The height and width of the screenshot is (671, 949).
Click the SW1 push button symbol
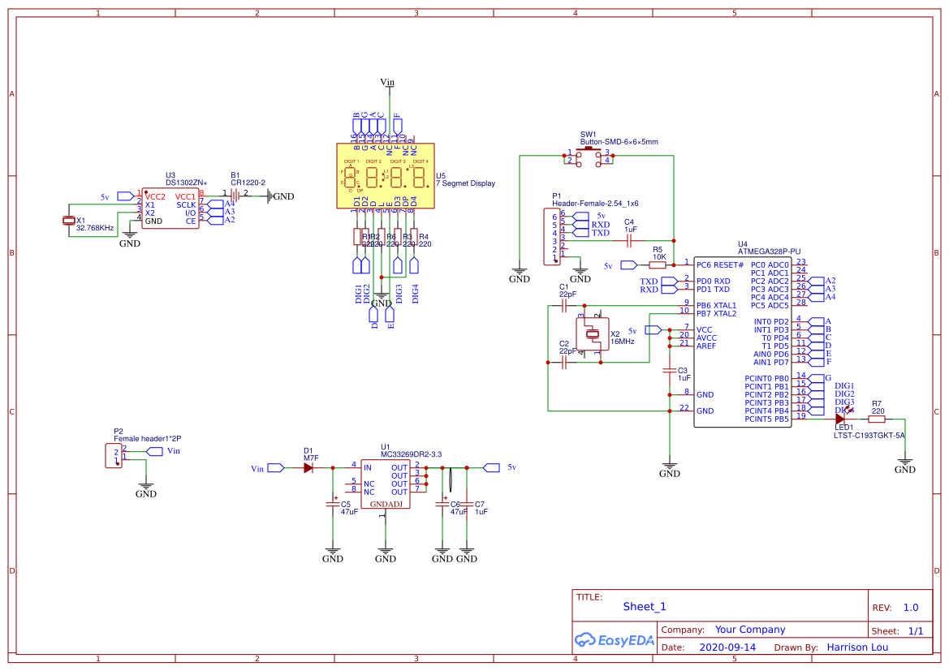[x=589, y=156]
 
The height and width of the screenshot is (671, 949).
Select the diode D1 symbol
[x=308, y=468]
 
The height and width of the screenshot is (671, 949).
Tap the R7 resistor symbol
[x=877, y=419]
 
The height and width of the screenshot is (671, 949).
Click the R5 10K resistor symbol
[x=658, y=265]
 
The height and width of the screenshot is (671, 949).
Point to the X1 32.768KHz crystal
[x=69, y=221]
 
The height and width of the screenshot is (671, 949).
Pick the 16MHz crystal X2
[x=592, y=333]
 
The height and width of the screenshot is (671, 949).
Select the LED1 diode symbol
[x=840, y=419]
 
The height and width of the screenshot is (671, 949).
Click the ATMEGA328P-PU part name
[x=769, y=252]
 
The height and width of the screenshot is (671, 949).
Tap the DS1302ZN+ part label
[x=186, y=183]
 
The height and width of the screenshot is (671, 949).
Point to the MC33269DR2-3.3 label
[x=411, y=454]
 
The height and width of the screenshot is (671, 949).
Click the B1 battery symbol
[x=235, y=195]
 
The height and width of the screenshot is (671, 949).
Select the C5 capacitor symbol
[x=332, y=505]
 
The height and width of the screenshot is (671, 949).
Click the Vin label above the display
[x=388, y=82]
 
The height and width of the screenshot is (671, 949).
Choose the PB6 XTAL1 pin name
[x=716, y=305]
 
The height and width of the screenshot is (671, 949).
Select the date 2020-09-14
[x=727, y=647]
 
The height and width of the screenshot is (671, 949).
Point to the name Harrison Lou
[x=857, y=647]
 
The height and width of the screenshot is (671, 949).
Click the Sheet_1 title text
[x=645, y=606]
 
